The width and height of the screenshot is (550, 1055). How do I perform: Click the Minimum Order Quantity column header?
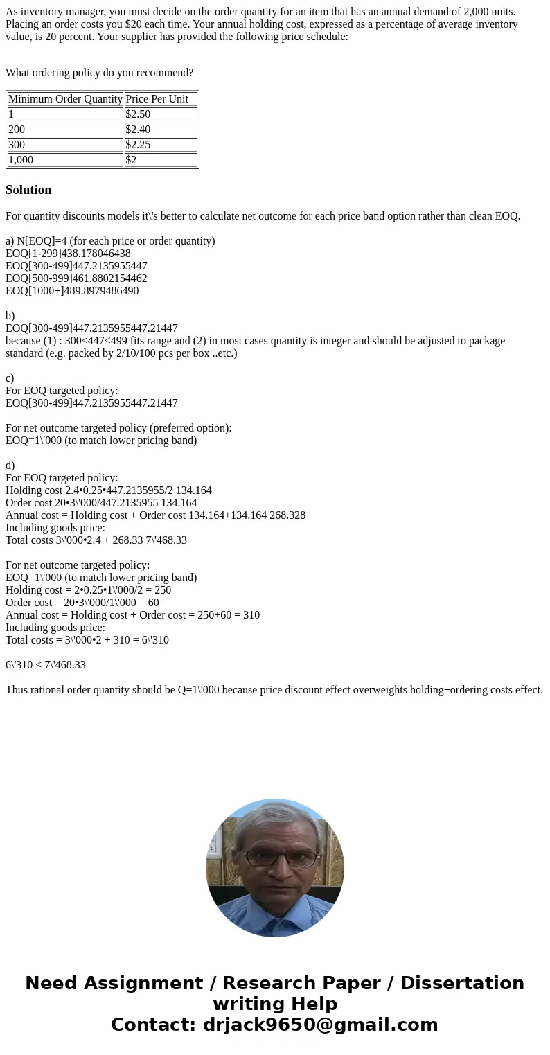(65, 99)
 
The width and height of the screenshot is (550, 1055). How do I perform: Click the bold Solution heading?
(28, 190)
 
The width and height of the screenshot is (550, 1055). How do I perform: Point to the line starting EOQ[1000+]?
(72, 291)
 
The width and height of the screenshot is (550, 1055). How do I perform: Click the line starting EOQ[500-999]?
(76, 278)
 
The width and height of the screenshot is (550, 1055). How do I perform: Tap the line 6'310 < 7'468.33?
(46, 665)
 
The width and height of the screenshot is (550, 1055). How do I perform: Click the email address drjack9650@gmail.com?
(320, 1025)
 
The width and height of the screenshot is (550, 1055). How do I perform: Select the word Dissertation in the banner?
(462, 984)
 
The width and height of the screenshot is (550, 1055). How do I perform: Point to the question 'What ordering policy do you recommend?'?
(100, 73)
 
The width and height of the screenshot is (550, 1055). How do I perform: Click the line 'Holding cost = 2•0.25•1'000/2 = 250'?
(88, 590)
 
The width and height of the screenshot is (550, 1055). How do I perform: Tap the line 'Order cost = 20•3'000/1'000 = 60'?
(82, 603)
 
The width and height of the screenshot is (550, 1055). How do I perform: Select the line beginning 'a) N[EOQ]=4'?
(110, 241)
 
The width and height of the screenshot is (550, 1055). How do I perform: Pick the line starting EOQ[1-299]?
(68, 254)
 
